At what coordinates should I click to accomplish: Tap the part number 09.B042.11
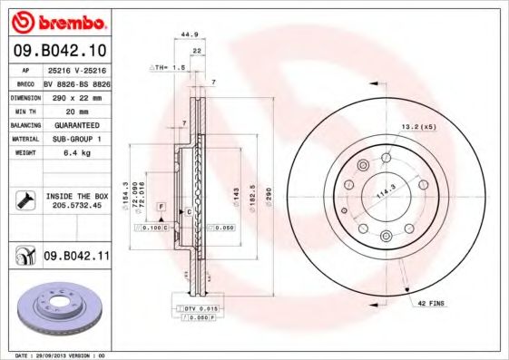(x=76, y=257)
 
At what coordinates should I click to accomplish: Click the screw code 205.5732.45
(x=77, y=205)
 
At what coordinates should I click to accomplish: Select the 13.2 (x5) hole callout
(x=418, y=127)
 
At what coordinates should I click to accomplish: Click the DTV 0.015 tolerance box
(x=194, y=309)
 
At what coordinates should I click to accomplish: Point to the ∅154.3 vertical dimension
(x=125, y=193)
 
